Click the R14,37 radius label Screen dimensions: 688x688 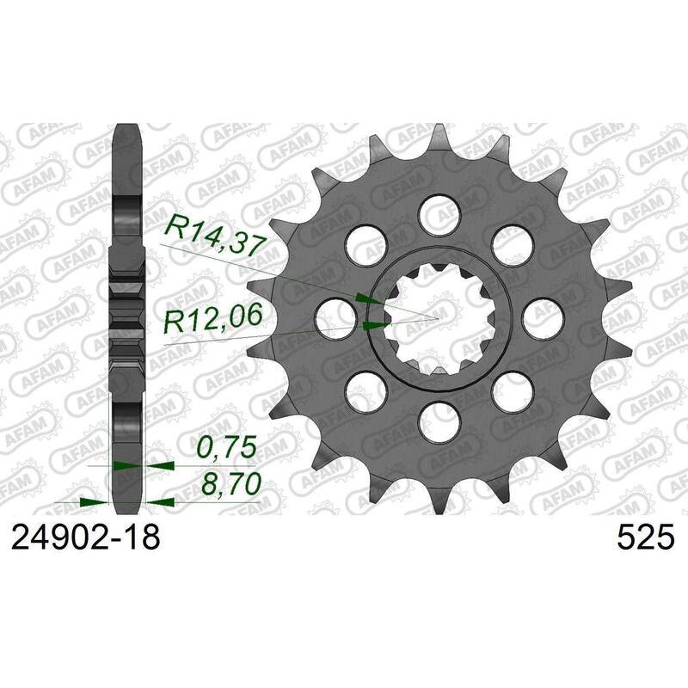click(x=212, y=234)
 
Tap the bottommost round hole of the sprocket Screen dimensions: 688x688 click(x=439, y=422)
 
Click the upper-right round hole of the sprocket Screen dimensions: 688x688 click(x=513, y=245)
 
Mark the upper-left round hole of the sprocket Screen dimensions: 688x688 click(x=366, y=245)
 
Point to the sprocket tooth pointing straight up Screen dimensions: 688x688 click(x=440, y=133)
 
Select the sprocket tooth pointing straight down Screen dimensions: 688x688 click(x=440, y=504)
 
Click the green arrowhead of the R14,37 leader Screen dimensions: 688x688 click(x=368, y=298)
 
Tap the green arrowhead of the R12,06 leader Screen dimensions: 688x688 click(x=374, y=325)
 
